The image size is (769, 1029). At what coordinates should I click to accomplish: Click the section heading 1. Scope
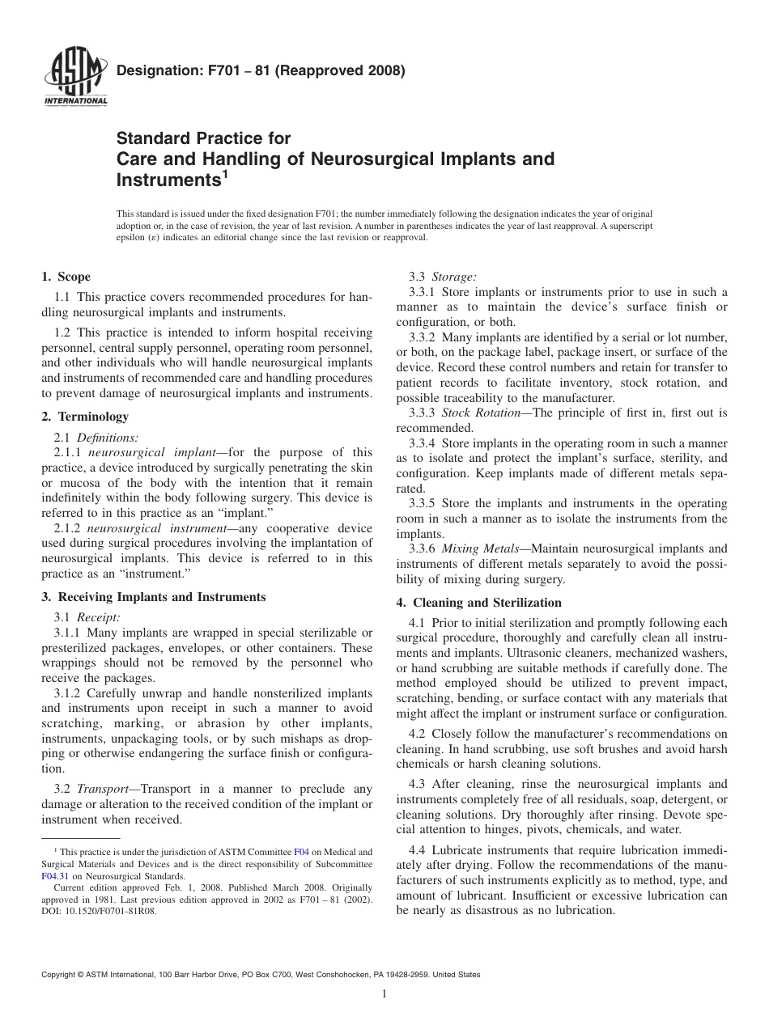[66, 277]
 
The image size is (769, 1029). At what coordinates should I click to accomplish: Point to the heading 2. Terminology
[85, 417]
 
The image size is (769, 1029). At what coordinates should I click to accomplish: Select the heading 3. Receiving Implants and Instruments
[153, 597]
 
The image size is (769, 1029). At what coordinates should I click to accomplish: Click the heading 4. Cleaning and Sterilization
[478, 603]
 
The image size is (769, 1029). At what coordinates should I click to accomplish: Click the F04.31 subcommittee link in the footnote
[55, 875]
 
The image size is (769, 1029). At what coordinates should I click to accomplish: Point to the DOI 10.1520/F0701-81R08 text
[111, 910]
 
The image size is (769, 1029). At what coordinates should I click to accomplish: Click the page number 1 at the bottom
[384, 994]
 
